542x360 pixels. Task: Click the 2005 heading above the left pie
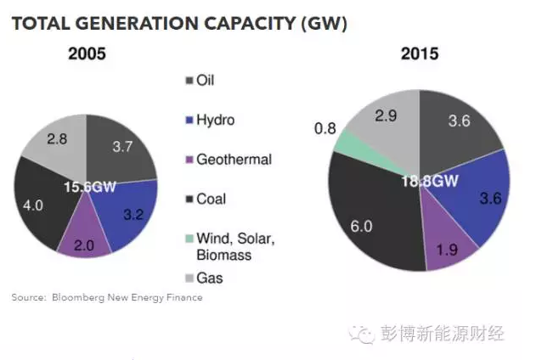point(87,53)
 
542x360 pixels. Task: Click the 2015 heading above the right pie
point(419,53)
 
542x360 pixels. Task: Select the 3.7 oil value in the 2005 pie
point(123,147)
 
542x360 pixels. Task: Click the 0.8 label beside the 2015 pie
point(324,128)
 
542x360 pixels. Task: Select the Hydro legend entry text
point(215,121)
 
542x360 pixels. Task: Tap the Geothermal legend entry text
point(234,160)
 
